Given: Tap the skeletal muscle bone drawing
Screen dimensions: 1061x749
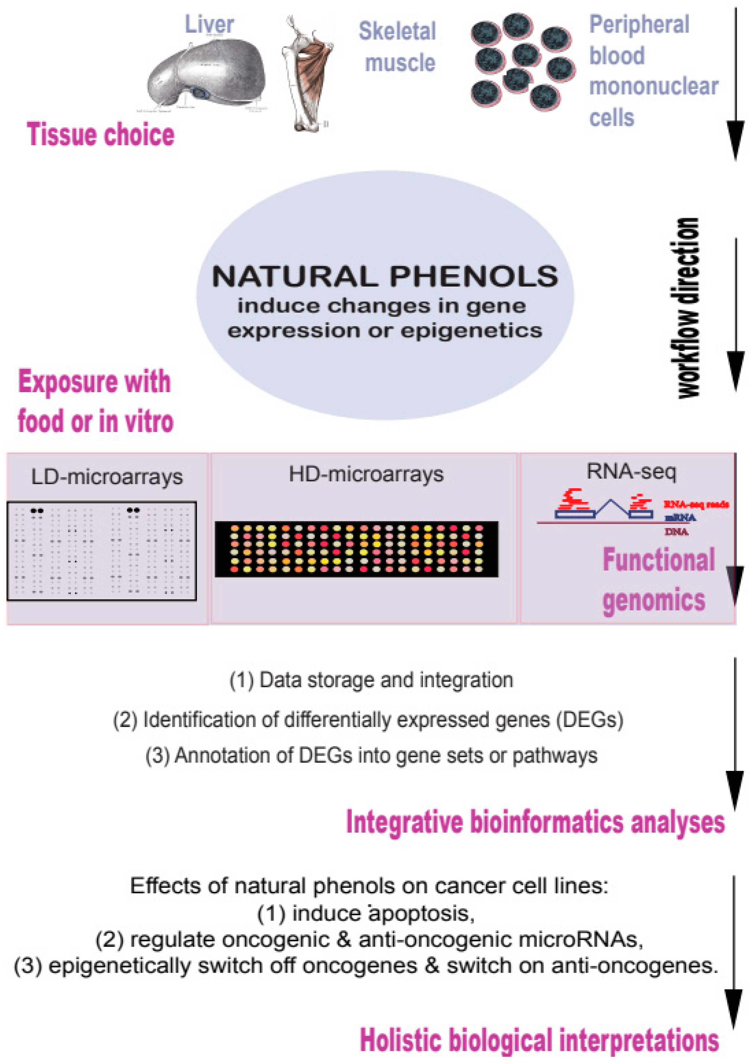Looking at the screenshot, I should (307, 74).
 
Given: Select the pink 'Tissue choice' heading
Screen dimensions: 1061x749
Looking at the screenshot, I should (101, 135).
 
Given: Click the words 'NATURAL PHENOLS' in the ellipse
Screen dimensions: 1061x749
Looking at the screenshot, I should (385, 276).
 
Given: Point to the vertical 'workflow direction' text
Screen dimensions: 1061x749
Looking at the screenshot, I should (688, 307).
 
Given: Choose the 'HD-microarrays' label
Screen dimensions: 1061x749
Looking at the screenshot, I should (366, 474).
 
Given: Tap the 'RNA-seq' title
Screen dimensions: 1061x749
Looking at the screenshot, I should (631, 471).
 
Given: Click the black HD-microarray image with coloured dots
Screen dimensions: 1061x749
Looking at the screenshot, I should (356, 549).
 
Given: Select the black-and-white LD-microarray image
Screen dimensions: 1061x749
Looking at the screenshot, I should (102, 551).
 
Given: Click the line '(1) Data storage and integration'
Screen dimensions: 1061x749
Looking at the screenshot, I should (371, 680).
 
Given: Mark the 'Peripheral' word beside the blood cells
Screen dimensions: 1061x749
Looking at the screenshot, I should (639, 24).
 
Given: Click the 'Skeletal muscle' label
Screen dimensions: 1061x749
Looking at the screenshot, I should (398, 47).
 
